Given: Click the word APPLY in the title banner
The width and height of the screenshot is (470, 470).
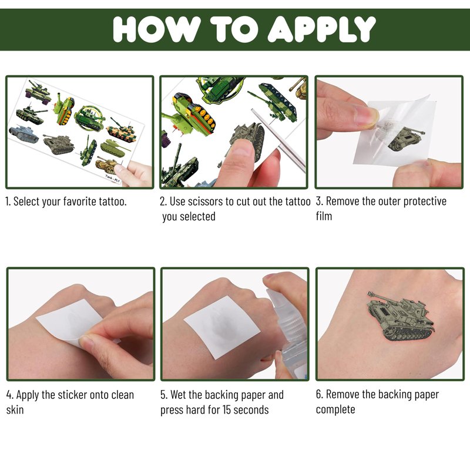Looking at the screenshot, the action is pyautogui.click(x=321, y=29).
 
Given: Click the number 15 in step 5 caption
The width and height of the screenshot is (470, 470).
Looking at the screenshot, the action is pyautogui.click(x=226, y=409).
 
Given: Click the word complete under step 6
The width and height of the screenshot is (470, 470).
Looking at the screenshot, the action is pyautogui.click(x=335, y=409).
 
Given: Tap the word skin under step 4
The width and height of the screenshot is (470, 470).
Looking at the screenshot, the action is pyautogui.click(x=15, y=409).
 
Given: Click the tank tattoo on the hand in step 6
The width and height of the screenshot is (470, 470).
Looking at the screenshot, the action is pyautogui.click(x=401, y=317).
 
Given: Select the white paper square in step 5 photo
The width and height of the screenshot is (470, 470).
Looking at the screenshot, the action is pyautogui.click(x=222, y=327).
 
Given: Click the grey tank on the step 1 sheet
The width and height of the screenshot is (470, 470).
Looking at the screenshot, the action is pyautogui.click(x=23, y=134).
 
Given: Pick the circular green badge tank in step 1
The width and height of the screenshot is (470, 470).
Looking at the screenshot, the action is pyautogui.click(x=89, y=118).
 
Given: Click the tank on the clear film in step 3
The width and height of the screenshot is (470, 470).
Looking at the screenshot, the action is pyautogui.click(x=406, y=139).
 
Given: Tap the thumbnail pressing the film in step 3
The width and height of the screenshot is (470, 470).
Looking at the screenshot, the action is pyautogui.click(x=368, y=116).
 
